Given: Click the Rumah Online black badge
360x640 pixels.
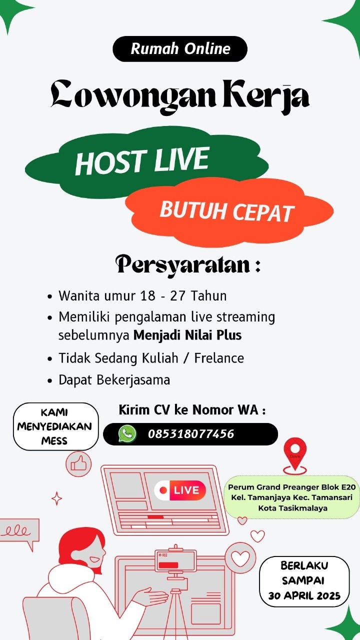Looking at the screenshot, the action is click(x=180, y=49).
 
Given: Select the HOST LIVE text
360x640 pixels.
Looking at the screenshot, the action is click(x=142, y=161).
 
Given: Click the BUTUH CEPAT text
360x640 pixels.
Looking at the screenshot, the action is click(x=227, y=211).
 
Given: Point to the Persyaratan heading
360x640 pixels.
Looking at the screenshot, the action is click(x=188, y=265).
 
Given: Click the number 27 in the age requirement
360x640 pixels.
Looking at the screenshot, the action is click(x=178, y=295).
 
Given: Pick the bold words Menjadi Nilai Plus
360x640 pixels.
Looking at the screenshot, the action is click(x=187, y=335).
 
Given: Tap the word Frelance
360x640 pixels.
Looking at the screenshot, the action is click(x=219, y=358).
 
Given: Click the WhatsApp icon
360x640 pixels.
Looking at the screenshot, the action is click(x=127, y=433).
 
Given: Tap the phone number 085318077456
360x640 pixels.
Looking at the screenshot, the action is click(x=191, y=434).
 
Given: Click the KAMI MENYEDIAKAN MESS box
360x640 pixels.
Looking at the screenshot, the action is click(x=55, y=426).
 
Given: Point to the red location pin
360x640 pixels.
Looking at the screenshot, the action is click(x=295, y=455).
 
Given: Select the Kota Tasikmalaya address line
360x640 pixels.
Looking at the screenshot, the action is click(x=293, y=508).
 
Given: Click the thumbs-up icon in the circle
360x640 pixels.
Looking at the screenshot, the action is click(x=78, y=464).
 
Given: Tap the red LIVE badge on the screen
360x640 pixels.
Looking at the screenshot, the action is click(x=180, y=490).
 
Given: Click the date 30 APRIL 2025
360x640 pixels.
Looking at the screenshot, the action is click(x=304, y=595).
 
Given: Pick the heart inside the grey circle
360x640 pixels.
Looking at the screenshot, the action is click(x=240, y=558).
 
